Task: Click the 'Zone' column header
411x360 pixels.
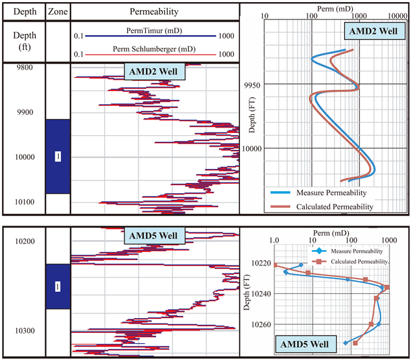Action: click(x=57, y=11)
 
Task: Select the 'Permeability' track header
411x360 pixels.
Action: click(x=155, y=11)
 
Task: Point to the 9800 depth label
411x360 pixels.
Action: click(x=24, y=68)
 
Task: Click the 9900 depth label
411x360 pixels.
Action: click(x=24, y=112)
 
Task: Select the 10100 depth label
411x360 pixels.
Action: click(x=24, y=202)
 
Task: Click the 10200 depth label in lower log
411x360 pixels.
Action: click(x=24, y=241)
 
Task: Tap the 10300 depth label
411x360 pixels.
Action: click(x=24, y=331)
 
